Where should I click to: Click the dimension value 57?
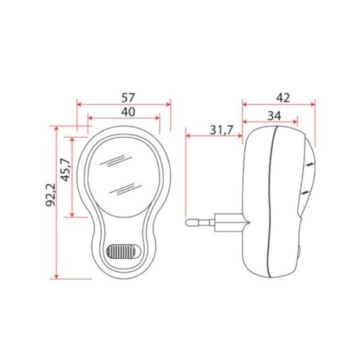129,98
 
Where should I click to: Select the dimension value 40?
128,112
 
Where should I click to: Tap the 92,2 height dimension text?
51,195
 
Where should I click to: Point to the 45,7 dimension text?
65,169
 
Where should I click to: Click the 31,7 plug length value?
221,130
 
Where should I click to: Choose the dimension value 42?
283,98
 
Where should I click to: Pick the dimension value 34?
274,116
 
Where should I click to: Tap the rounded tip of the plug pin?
188,222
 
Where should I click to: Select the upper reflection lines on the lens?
116,161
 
